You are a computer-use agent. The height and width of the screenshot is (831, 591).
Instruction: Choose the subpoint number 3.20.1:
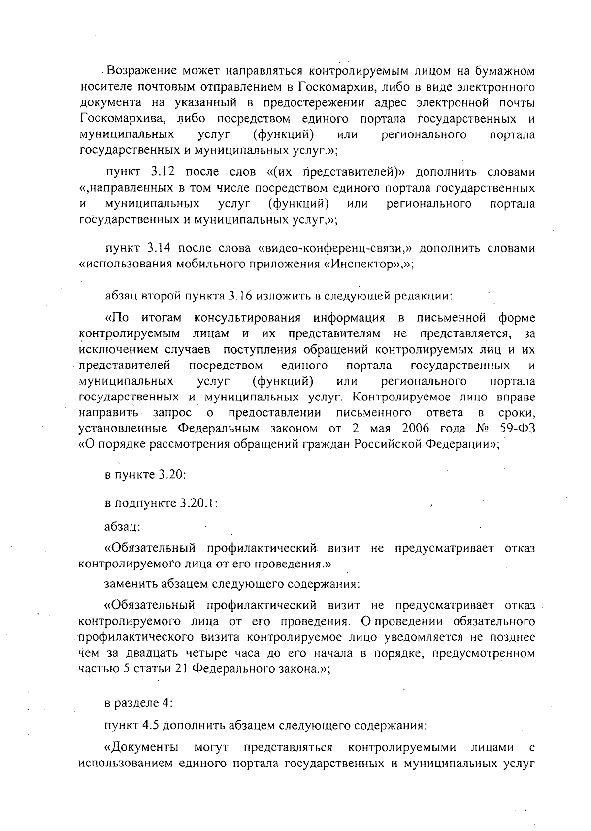pyautogui.click(x=199, y=504)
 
